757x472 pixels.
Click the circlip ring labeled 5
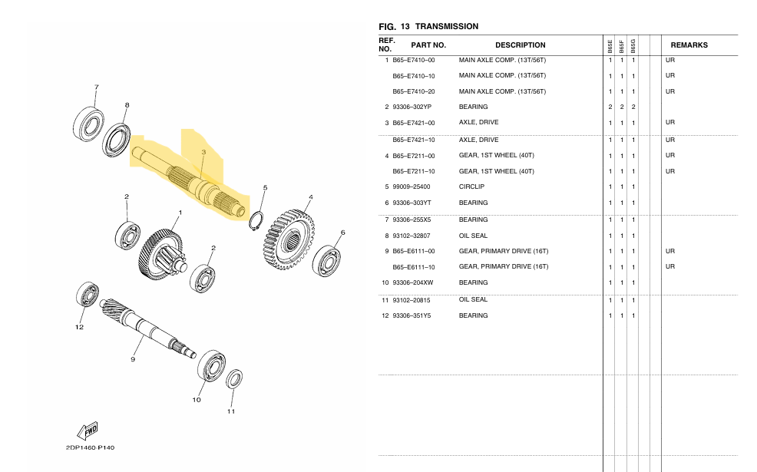[256, 221]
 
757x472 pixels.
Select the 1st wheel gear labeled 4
[289, 237]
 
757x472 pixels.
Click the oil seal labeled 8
[117, 139]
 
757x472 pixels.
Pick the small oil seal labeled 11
[234, 380]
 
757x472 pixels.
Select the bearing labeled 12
[87, 295]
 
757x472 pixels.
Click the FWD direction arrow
[86, 430]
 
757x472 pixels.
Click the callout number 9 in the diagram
[133, 359]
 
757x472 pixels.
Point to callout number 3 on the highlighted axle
[203, 153]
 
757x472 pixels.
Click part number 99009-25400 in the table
[412, 187]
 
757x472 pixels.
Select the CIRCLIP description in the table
[471, 187]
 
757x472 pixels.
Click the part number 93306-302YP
[412, 107]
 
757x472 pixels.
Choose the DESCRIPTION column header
[520, 45]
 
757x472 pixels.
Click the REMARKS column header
[689, 45]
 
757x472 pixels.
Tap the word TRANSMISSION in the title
[446, 26]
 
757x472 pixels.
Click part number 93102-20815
[412, 300]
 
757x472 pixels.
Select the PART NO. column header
[428, 45]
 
